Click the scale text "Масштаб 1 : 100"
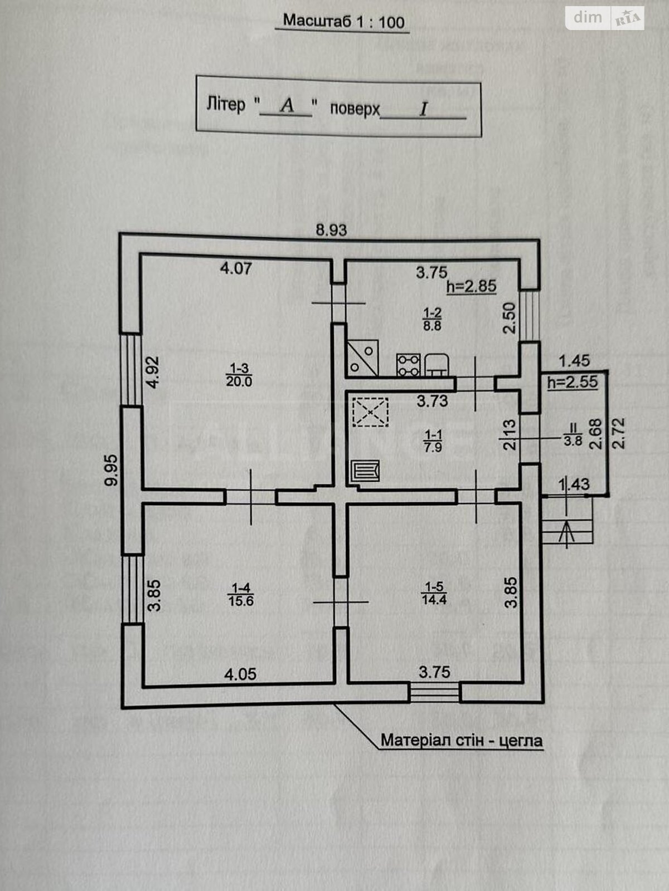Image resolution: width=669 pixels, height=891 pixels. (x=343, y=22)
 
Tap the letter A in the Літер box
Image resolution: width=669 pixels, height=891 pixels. (x=287, y=105)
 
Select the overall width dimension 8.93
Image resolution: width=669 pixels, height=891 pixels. (x=331, y=230)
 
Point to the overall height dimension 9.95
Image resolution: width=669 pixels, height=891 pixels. (x=112, y=471)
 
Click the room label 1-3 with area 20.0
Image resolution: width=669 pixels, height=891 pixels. (x=239, y=374)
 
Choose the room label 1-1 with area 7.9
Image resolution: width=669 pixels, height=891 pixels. (x=433, y=439)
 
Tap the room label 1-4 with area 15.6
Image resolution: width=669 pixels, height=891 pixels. (x=240, y=594)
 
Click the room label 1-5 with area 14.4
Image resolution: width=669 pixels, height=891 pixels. (x=434, y=593)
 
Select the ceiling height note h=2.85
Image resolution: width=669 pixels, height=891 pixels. (x=471, y=287)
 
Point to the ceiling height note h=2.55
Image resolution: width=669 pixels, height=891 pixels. (x=573, y=382)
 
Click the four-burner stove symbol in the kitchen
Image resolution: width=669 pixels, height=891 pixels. (x=409, y=365)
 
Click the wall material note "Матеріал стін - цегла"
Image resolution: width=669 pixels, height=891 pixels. (x=461, y=741)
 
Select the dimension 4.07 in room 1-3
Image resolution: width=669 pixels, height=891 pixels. (x=236, y=268)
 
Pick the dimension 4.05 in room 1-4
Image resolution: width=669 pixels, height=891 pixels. (x=240, y=674)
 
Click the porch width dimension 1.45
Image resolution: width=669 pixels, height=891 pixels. (x=574, y=361)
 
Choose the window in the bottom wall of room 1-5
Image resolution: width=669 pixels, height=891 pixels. (x=435, y=693)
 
